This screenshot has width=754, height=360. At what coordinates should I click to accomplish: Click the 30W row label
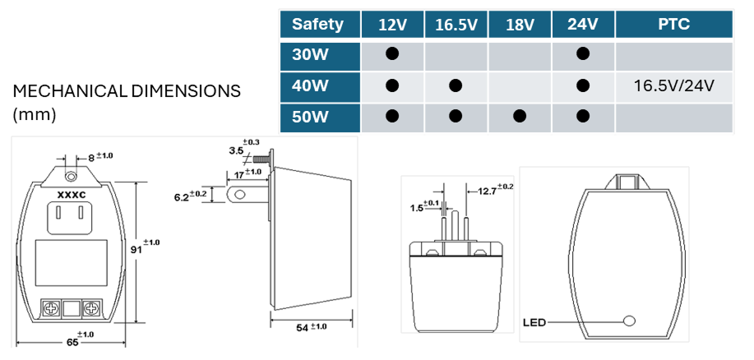coord(309,54)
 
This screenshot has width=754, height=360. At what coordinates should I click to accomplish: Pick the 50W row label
coord(309,116)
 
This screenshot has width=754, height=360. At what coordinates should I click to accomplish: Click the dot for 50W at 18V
coord(519,116)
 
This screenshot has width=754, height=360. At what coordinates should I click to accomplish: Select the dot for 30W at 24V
coord(583,54)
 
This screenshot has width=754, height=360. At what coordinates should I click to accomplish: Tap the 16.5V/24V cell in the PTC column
coord(673,85)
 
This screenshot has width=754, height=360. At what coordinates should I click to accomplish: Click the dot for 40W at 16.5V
coord(456,85)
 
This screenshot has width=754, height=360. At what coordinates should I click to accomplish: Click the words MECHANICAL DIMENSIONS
coord(127,91)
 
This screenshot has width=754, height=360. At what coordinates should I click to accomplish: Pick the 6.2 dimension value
coord(183,196)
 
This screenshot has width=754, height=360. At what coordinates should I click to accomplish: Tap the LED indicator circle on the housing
coord(631,321)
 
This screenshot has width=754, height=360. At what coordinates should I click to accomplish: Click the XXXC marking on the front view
coord(72,195)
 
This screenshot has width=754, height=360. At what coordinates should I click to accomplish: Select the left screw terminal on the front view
coord(50,309)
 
